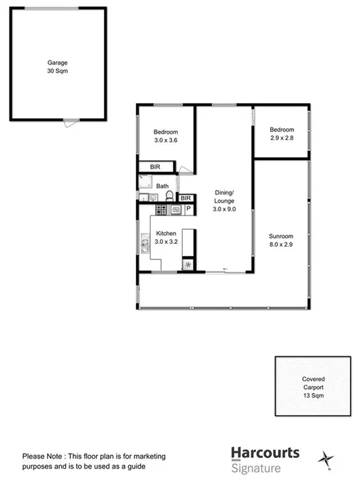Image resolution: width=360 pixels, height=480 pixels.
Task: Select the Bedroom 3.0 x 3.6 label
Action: pos(165,137)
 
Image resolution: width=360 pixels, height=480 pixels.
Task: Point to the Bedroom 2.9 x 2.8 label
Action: pos(281,134)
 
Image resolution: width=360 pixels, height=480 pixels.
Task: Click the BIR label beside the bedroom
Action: pos(154,167)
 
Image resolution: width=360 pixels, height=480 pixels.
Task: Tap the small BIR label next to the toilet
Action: pos(186,198)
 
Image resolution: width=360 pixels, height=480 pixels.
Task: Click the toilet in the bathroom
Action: pos(169,197)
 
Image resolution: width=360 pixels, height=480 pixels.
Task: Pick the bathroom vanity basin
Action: pos(152,197)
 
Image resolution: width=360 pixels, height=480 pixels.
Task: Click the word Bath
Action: pos(163,186)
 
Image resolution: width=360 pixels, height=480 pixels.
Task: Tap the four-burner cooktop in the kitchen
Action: pos(160,210)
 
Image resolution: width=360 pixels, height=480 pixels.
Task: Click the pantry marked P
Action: pos(189,210)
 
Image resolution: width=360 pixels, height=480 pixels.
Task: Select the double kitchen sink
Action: pos(144,246)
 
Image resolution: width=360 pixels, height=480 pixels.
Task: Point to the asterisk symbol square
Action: pos(188,265)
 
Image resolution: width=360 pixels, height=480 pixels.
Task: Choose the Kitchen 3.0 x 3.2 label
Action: pos(166,238)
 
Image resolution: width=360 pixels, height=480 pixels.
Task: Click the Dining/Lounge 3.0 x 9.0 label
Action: pos(225,201)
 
